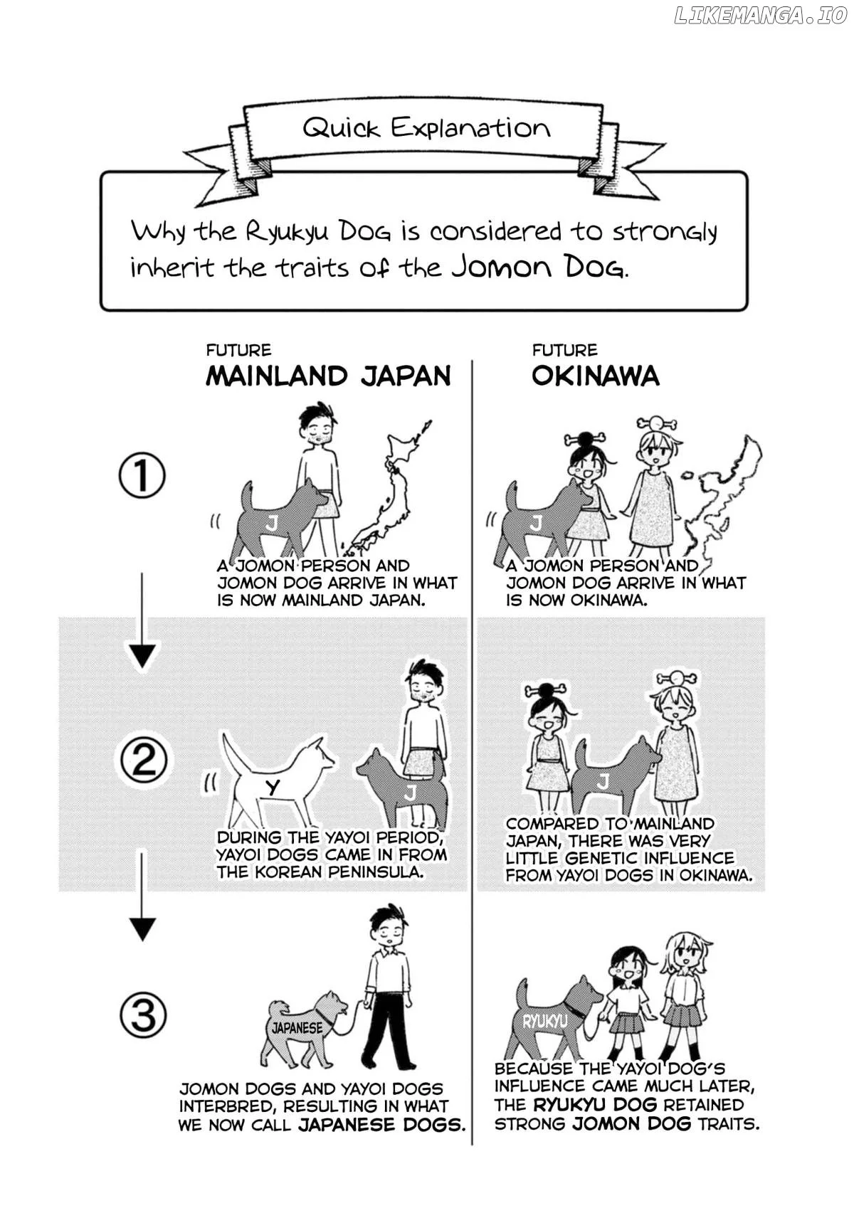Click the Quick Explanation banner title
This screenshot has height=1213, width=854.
coord(426,128)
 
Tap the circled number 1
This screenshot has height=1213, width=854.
coord(142,475)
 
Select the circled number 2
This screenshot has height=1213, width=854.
coord(144,761)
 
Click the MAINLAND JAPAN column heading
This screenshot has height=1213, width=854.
coord(328,376)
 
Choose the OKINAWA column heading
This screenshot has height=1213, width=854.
coord(595,376)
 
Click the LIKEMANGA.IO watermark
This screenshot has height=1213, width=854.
coord(760,16)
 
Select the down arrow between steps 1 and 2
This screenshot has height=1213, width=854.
coord(142,623)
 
